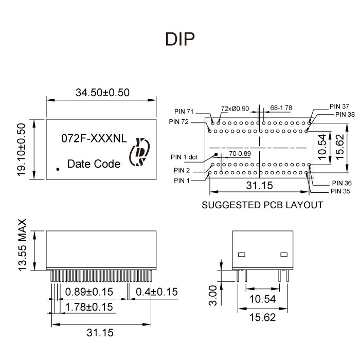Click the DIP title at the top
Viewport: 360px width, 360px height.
[x=180, y=40]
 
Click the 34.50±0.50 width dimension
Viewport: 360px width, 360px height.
[x=102, y=93]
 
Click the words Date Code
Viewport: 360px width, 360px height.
[x=94, y=164]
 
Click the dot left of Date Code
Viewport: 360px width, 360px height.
[x=58, y=168]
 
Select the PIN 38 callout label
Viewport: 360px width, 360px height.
[x=345, y=114]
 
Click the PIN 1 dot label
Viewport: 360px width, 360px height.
[x=185, y=157]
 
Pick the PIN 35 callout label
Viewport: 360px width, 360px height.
[x=340, y=191]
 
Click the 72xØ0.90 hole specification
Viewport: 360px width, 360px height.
[x=235, y=109]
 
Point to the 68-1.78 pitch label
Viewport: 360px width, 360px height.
[x=281, y=108]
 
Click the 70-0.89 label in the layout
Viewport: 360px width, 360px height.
[x=240, y=153]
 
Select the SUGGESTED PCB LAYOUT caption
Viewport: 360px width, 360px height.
[x=262, y=205]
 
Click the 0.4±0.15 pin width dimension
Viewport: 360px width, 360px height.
[x=157, y=292]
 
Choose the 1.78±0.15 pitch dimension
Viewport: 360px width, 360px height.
[x=89, y=307]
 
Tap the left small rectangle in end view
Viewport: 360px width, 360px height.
[x=242, y=255]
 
